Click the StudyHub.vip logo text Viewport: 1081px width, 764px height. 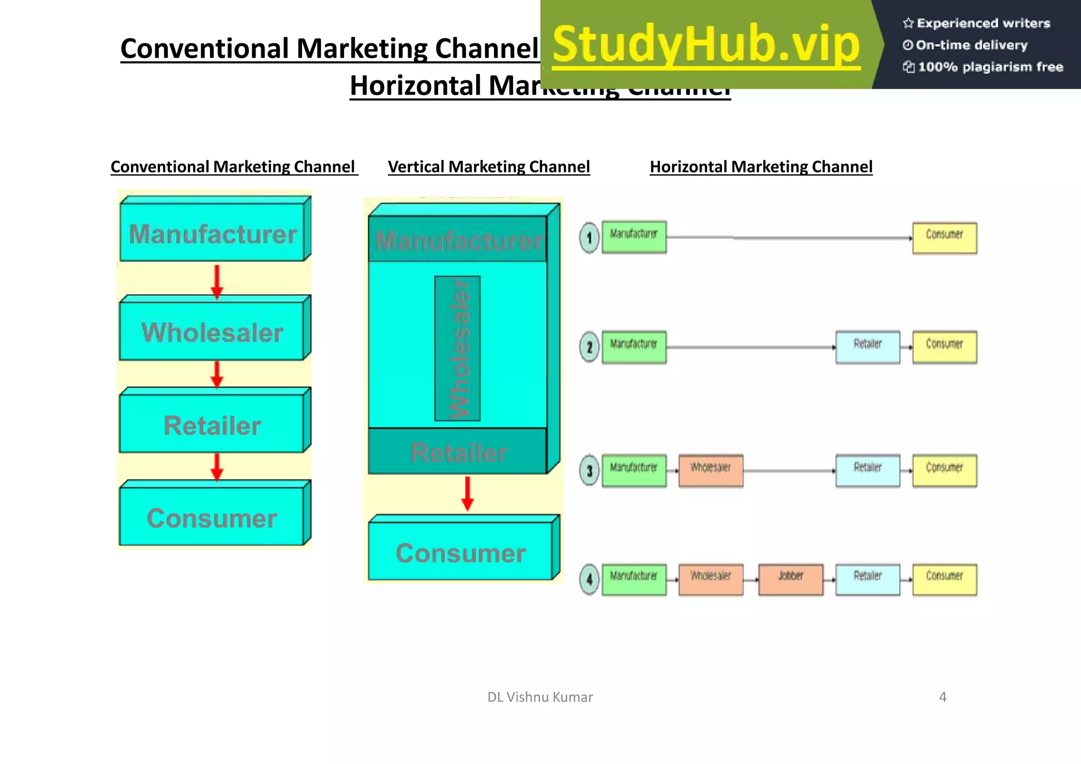coord(706,45)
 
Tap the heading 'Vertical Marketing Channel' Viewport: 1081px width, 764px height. coord(489,167)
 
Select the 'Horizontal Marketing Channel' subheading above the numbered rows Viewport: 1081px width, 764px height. coord(761,167)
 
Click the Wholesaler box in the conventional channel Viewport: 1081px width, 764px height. coord(212,332)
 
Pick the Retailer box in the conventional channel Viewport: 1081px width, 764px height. coord(212,425)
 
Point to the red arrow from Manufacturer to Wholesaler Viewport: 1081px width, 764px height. coord(217,280)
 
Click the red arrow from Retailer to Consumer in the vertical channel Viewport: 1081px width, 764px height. coord(468,493)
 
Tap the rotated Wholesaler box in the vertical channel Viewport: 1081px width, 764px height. coord(458,348)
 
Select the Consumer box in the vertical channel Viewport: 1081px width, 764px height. coord(461,552)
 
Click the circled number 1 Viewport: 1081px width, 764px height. coord(590,238)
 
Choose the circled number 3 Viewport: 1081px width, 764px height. coord(590,470)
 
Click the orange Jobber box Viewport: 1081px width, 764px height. coord(791,579)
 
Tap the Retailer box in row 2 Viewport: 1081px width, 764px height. coord(868,347)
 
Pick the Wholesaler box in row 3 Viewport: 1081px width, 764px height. coord(711,470)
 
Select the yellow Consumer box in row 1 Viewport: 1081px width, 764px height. coord(944,238)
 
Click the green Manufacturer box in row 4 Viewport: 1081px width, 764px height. coord(634,579)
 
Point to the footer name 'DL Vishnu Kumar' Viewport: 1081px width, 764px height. coord(540,697)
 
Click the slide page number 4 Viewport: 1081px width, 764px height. coord(943,697)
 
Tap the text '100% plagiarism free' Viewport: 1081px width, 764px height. coord(990,67)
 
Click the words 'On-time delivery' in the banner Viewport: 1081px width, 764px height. coord(971,45)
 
